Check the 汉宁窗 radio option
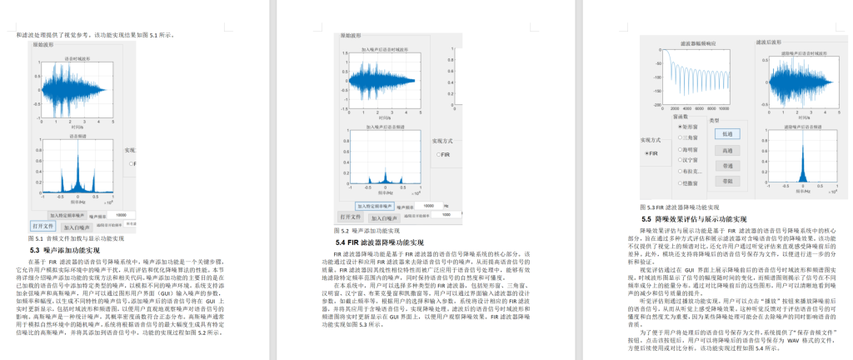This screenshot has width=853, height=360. [684, 159]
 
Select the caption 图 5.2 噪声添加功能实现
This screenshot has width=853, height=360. [367, 230]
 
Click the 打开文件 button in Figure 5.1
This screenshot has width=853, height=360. [42, 225]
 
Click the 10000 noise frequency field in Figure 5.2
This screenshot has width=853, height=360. [428, 205]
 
